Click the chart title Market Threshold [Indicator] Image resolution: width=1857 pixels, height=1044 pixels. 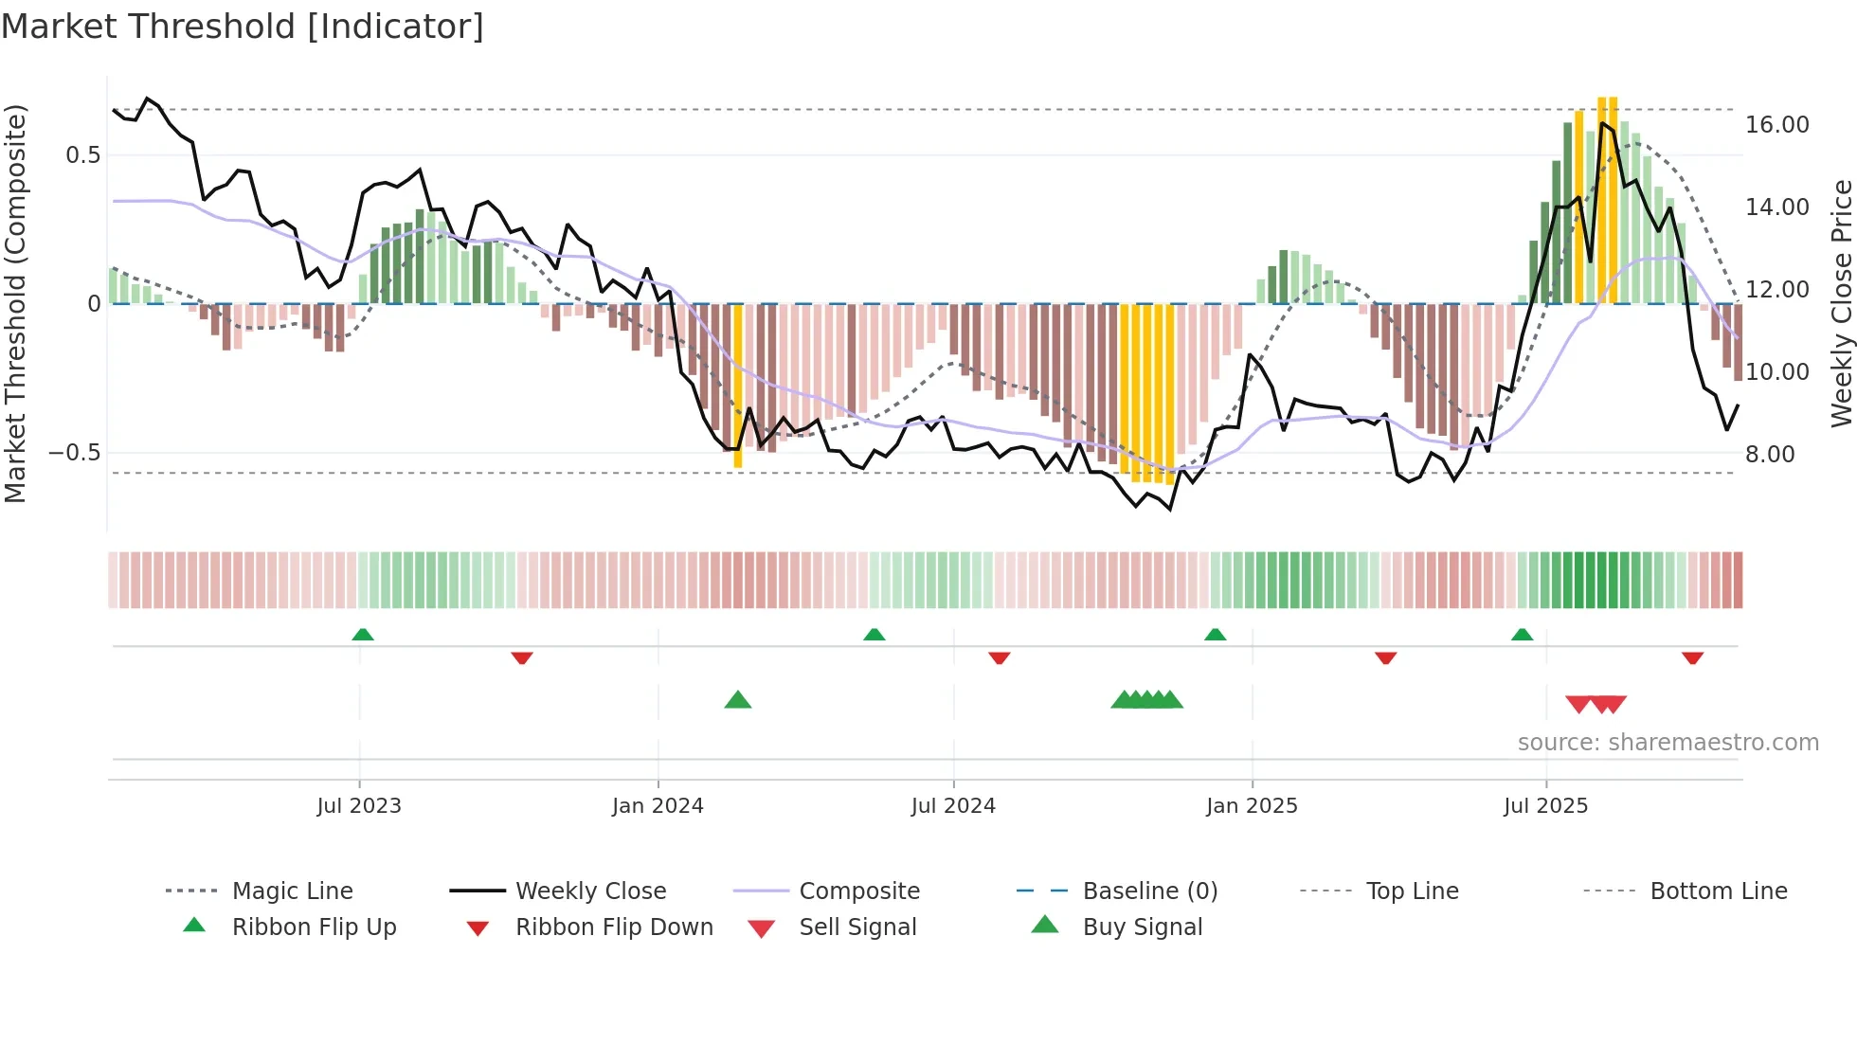pyautogui.click(x=243, y=27)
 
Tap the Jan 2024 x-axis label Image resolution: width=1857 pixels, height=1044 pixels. pyautogui.click(x=658, y=806)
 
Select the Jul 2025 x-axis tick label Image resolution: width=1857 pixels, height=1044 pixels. pyautogui.click(x=1545, y=806)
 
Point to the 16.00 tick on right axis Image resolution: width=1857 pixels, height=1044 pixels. pyautogui.click(x=1776, y=125)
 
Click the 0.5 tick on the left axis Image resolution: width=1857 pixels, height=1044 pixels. pyautogui.click(x=82, y=155)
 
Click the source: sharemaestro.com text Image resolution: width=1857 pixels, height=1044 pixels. pyautogui.click(x=1668, y=743)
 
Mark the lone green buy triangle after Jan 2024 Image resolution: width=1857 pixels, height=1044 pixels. pyautogui.click(x=737, y=700)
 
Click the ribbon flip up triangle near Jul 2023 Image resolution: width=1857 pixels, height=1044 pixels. pyautogui.click(x=363, y=635)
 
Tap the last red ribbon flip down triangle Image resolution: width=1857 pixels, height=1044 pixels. pyautogui.click(x=1692, y=657)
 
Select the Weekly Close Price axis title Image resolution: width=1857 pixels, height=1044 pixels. pyautogui.click(x=1841, y=303)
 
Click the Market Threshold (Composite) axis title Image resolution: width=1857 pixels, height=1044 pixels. pyautogui.click(x=15, y=303)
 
